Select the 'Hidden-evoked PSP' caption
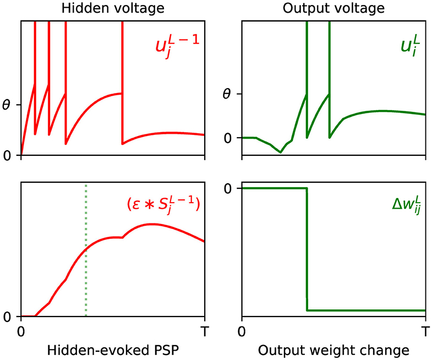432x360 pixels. point(112,350)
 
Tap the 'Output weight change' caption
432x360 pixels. point(333,350)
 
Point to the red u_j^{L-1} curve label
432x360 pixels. point(176,43)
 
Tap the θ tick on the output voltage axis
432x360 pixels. point(227,94)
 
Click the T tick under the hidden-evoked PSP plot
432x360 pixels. point(205,332)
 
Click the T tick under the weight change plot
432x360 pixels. point(425,332)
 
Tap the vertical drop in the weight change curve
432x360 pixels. point(307,248)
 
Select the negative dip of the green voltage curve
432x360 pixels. point(281,152)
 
